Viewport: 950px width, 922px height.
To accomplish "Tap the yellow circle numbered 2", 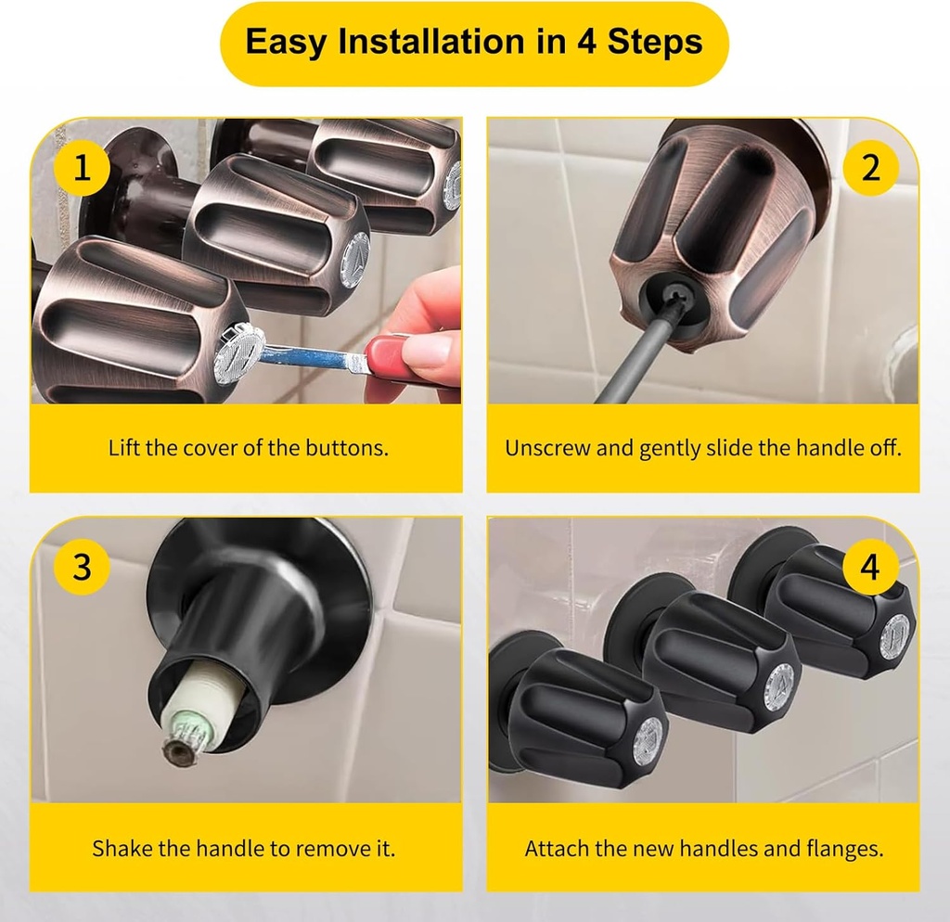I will click(869, 168).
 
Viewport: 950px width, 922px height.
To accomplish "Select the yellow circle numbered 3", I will click(83, 566).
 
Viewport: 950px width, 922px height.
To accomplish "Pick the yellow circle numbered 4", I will click(869, 566).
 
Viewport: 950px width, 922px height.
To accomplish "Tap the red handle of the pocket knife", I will click(390, 357).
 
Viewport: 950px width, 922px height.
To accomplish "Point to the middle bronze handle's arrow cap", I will click(353, 260).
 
